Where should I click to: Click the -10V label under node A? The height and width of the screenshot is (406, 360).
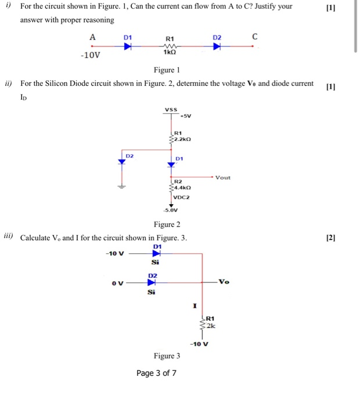[x=91, y=56]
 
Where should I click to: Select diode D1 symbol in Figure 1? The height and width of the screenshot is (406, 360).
[x=127, y=47]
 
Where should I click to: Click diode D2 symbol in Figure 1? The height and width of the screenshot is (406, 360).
[x=217, y=47]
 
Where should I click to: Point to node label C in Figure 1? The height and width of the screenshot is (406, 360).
[x=254, y=37]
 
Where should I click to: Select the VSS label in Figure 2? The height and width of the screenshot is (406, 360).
[x=171, y=109]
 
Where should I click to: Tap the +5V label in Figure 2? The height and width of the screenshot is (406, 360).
[x=186, y=115]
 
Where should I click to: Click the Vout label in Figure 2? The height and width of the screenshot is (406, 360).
[x=222, y=178]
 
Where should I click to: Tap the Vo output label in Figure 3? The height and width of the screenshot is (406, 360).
[x=224, y=282]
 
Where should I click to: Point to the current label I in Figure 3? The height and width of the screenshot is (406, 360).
[x=195, y=305]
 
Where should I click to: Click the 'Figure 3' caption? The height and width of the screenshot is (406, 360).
[x=167, y=356]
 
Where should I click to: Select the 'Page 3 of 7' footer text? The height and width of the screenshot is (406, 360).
[x=156, y=373]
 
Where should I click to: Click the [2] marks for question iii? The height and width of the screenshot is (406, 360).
[x=332, y=238]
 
